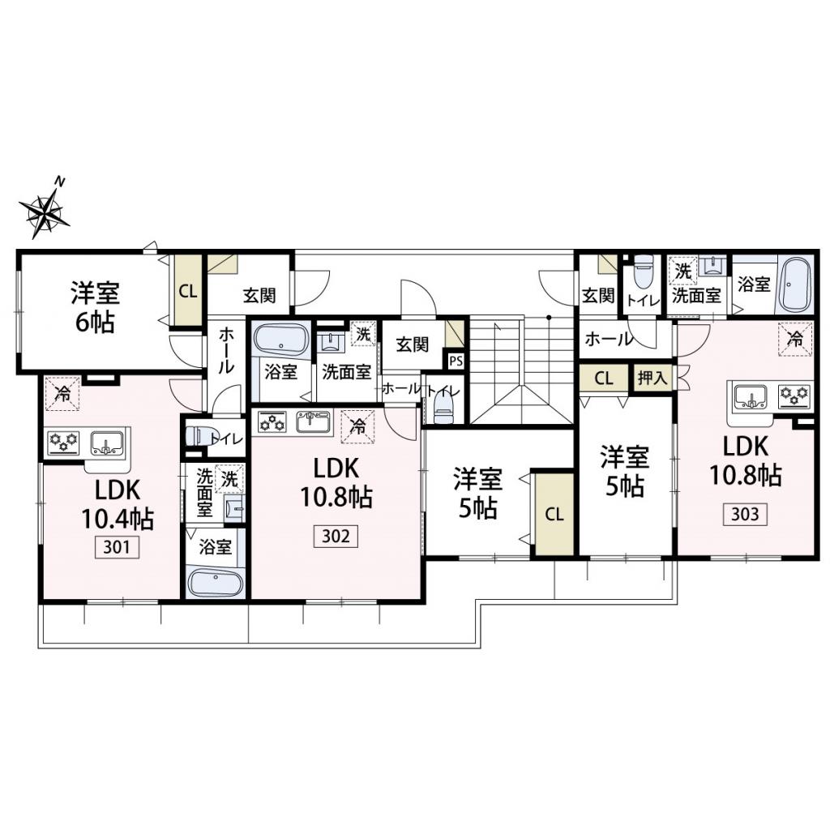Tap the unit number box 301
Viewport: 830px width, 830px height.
[x=117, y=547]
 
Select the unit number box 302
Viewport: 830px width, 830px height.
[x=336, y=536]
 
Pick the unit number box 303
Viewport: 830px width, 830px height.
[x=745, y=513]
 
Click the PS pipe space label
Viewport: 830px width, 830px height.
[x=456, y=362]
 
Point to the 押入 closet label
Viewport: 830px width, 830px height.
[x=652, y=378]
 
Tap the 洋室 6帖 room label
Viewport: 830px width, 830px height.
[x=96, y=307]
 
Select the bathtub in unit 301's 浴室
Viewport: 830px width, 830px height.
[x=216, y=582]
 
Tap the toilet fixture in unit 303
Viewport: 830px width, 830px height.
[x=643, y=273]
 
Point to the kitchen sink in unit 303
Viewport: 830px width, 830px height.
[x=751, y=396]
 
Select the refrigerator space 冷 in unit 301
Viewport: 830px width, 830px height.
[x=62, y=394]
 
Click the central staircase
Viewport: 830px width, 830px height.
[x=521, y=370]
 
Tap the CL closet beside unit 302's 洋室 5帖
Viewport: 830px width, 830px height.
[x=554, y=514]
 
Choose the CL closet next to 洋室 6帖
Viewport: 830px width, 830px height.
[x=188, y=291]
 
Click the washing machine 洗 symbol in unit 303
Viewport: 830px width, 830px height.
[x=683, y=272]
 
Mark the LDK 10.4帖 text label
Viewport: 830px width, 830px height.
[x=117, y=504]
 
